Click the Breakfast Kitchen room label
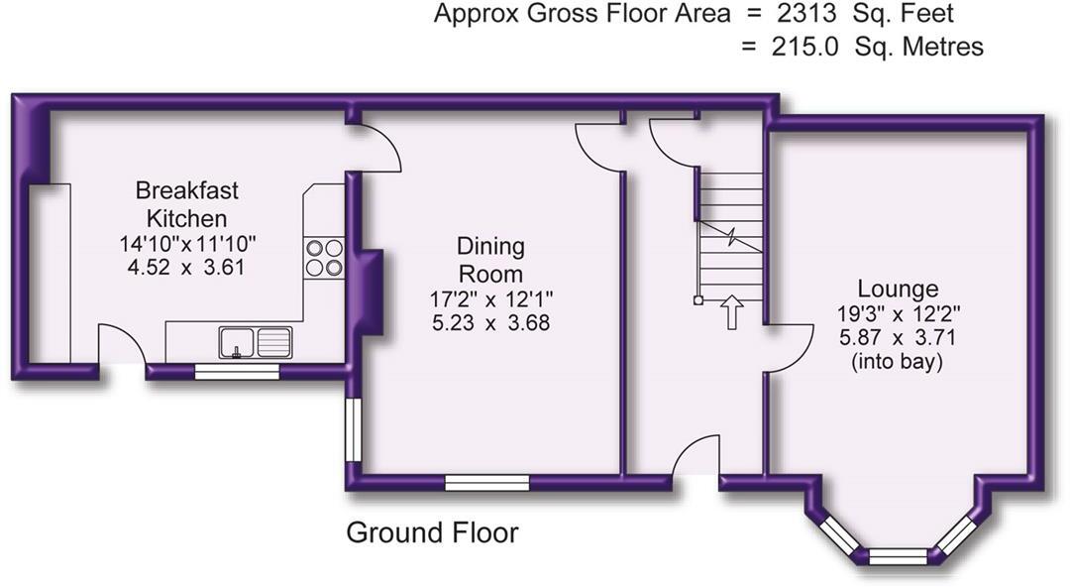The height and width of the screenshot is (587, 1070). click(x=186, y=204)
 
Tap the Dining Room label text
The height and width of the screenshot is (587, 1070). click(x=490, y=260)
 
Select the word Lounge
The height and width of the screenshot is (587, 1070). click(x=898, y=290)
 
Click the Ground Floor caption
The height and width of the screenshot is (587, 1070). click(x=432, y=533)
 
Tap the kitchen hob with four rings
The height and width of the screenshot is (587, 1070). click(x=324, y=258)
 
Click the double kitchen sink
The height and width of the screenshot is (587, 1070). click(x=256, y=342)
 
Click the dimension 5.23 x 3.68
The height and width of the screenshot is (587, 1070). click(x=489, y=323)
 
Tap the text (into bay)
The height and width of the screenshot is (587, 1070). click(x=898, y=363)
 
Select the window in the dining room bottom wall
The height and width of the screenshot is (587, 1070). click(x=485, y=483)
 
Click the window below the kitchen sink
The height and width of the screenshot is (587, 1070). click(x=236, y=372)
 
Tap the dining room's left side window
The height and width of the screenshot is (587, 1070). click(x=352, y=430)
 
